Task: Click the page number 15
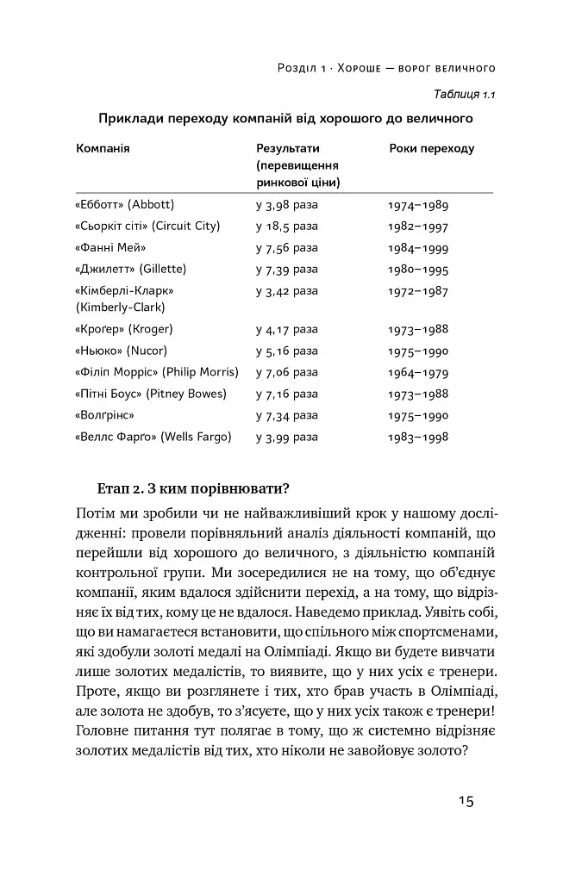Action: click(x=465, y=800)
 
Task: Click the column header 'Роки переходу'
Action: click(x=431, y=149)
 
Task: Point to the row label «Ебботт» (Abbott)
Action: click(x=125, y=205)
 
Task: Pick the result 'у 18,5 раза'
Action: click(x=287, y=227)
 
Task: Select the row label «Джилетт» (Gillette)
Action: click(x=131, y=270)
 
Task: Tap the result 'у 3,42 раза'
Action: click(x=287, y=291)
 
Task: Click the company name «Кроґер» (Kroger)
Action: click(x=124, y=329)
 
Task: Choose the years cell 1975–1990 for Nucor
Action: click(x=418, y=351)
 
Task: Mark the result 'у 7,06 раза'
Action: click(x=287, y=372)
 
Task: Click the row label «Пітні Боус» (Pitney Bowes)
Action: click(x=151, y=394)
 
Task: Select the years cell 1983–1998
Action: click(x=418, y=438)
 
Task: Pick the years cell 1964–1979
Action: click(x=418, y=373)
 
